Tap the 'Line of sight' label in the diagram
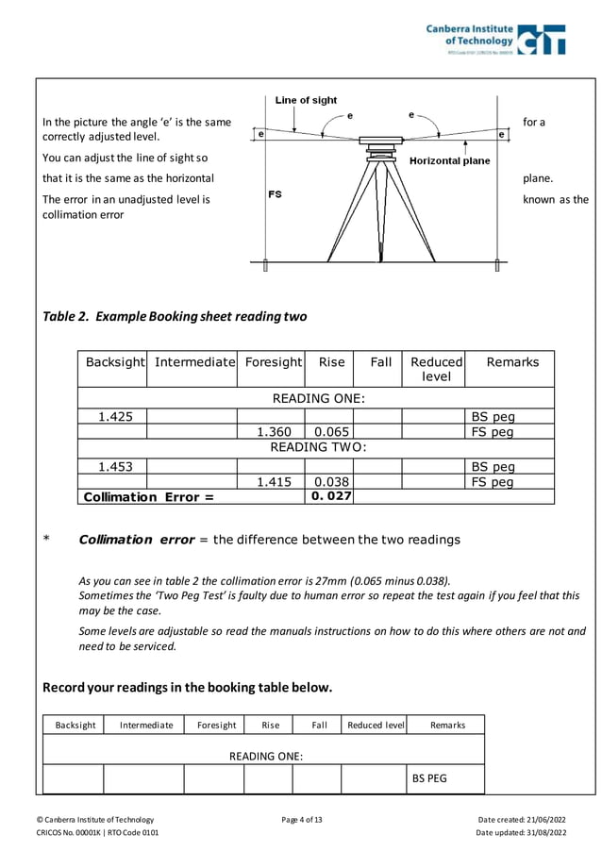(x=306, y=100)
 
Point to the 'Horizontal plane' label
(x=449, y=160)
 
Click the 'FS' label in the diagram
(x=275, y=194)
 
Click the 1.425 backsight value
(x=115, y=416)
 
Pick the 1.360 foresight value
(x=274, y=432)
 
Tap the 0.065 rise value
(x=330, y=432)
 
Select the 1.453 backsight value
(x=115, y=466)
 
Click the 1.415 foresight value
(x=274, y=482)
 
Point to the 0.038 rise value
(x=330, y=482)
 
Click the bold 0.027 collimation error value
(x=330, y=496)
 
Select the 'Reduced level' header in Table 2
(x=436, y=369)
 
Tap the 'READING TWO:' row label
(x=318, y=447)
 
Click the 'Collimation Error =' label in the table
(x=149, y=497)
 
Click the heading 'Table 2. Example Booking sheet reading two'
(x=175, y=316)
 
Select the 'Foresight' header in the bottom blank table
(x=216, y=725)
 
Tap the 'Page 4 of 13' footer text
(x=302, y=819)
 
